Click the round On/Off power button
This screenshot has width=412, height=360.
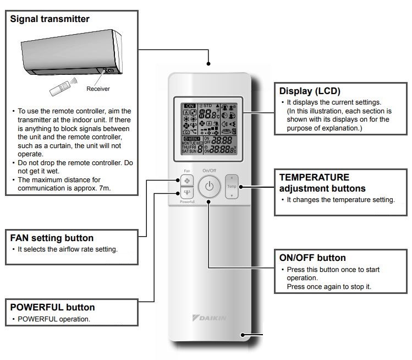coord(209,187)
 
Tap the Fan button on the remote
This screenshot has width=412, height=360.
coord(185,180)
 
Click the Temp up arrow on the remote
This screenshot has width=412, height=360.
coord(232,178)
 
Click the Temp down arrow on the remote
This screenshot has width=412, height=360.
coord(232,195)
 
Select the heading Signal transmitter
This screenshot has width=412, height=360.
coord(50,19)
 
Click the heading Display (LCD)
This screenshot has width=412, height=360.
coord(310,91)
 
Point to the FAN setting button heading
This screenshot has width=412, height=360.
coord(52,238)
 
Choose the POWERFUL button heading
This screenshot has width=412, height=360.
coord(53,307)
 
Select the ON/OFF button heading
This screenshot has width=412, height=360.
coord(312,258)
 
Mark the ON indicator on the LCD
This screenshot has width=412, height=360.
coord(190,105)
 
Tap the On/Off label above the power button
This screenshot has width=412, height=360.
coord(209,171)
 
